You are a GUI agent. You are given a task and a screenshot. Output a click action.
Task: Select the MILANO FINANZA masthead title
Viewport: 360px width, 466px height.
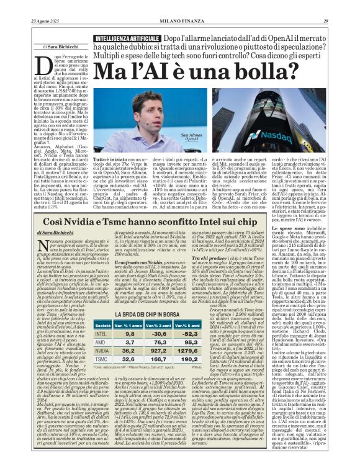click(x=180, y=21)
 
